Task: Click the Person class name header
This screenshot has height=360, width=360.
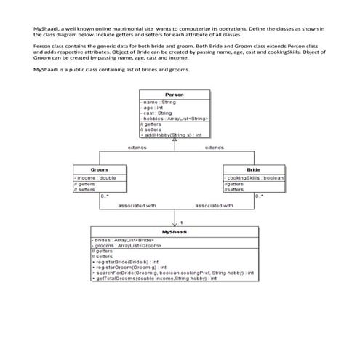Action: [175, 95]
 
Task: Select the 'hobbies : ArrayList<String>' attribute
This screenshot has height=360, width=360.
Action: [175, 118]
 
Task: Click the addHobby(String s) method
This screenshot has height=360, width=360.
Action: [171, 135]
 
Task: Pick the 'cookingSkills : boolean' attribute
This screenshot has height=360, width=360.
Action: [255, 177]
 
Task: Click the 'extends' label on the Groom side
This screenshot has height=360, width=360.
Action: [137, 148]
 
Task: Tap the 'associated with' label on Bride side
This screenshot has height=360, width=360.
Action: [215, 206]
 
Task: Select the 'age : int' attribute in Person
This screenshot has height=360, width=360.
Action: [153, 108]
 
